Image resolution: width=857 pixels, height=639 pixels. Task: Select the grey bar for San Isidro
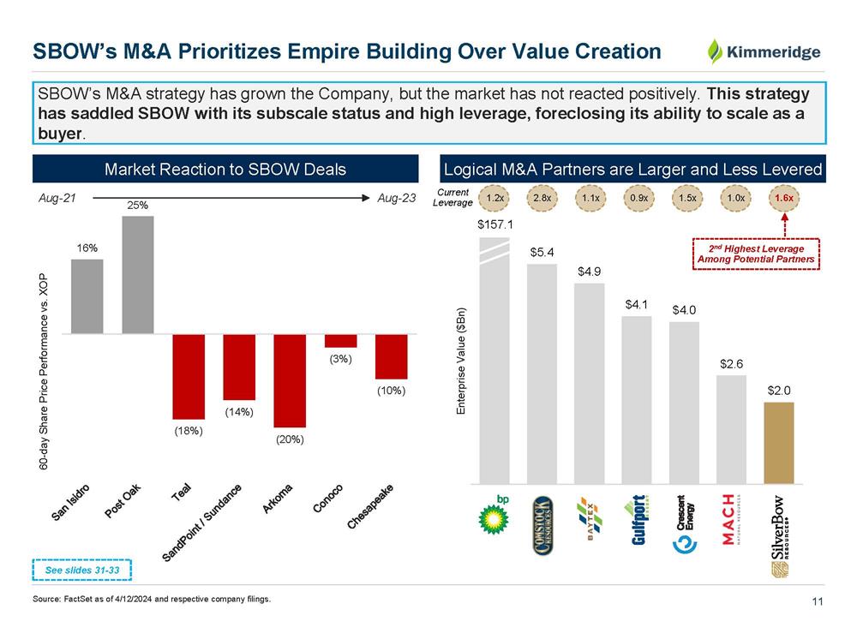point(87,296)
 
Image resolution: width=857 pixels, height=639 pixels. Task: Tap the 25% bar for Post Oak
point(138,274)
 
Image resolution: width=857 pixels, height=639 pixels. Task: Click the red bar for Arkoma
point(290,380)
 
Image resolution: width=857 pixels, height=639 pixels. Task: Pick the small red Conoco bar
point(340,340)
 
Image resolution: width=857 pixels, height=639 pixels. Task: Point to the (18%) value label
point(188,431)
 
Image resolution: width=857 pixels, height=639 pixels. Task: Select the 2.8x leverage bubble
point(542,199)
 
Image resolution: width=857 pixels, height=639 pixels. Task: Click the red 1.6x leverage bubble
point(782,199)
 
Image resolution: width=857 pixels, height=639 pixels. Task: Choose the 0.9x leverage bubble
point(638,199)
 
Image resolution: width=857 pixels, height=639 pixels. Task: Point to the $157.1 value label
point(494,225)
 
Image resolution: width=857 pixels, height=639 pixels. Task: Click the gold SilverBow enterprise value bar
point(779,443)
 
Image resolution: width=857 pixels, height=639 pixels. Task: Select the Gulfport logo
point(638,520)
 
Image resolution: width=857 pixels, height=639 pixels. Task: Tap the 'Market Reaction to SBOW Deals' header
point(225,169)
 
